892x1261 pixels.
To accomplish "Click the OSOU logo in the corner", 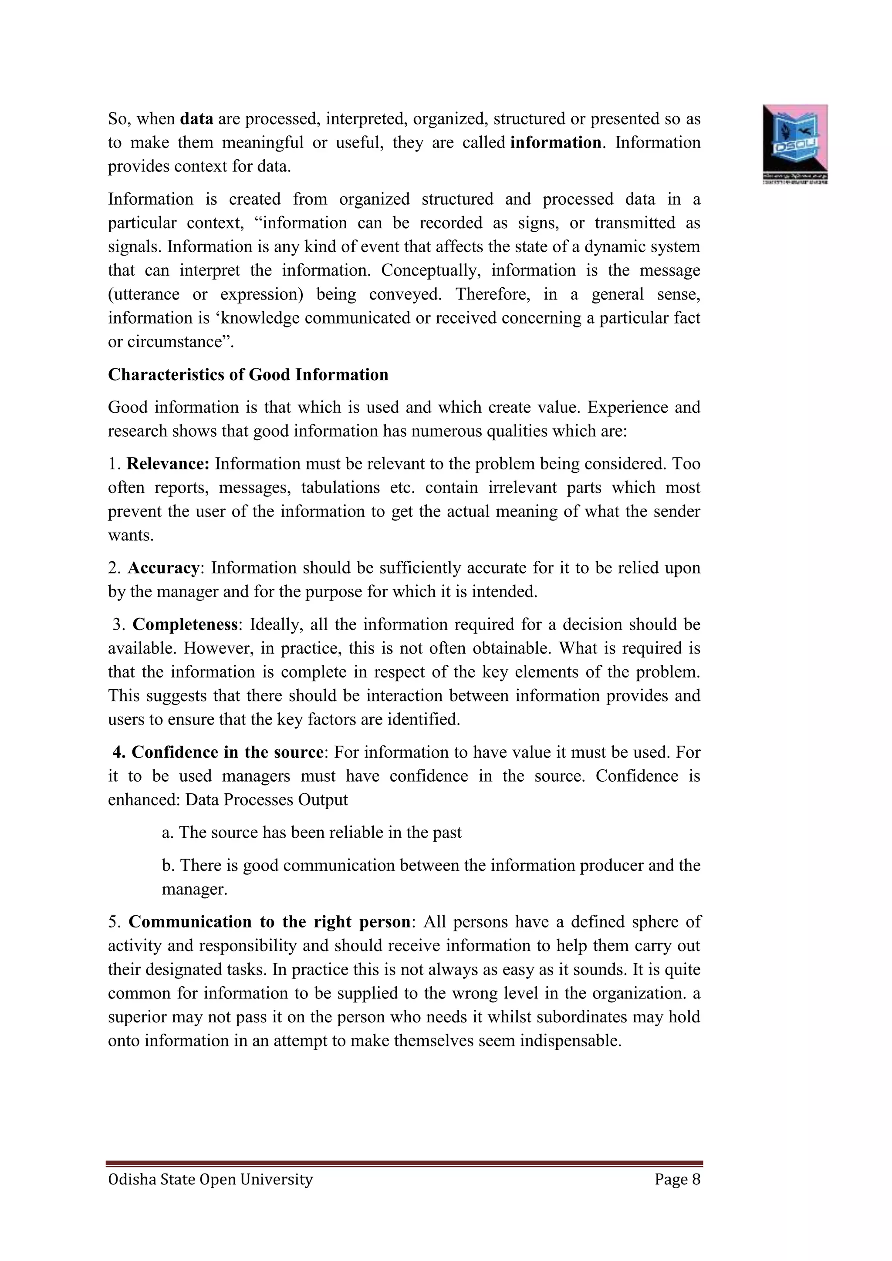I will pos(795,143).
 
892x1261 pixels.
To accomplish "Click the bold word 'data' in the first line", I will pos(196,118).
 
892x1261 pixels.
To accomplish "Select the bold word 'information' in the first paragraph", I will pos(555,143).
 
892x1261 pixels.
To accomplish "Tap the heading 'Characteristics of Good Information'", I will pos(248,374).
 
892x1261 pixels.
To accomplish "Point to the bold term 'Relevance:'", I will pos(168,464).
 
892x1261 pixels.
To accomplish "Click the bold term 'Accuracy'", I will pos(163,568).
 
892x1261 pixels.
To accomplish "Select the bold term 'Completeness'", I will pos(185,624).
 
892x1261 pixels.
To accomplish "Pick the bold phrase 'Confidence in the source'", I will pos(227,752).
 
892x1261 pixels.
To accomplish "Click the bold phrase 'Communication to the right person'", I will pos(269,922).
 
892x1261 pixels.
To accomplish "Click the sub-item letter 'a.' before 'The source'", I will pos(168,833).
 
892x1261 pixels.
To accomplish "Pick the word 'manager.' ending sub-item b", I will pos(194,889).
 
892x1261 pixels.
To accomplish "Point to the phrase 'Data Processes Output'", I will pos(267,799).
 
